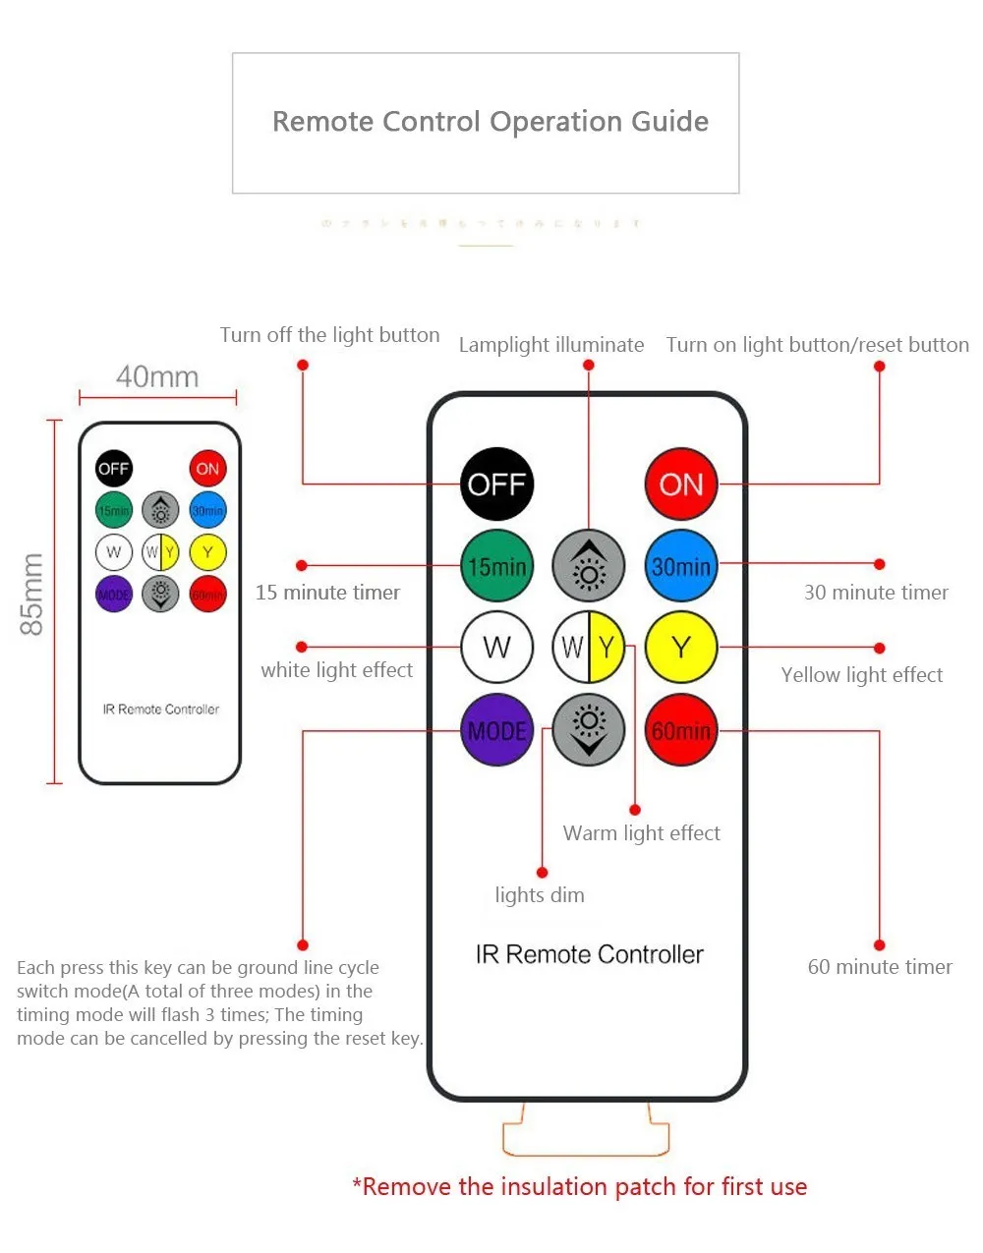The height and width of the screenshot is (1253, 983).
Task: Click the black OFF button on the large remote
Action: coord(497,484)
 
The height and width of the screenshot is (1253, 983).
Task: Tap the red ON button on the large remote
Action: coord(681,484)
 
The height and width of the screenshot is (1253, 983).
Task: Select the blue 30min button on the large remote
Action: coord(681,566)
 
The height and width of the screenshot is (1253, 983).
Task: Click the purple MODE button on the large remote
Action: coord(497,730)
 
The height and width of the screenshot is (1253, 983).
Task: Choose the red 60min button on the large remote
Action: coord(681,730)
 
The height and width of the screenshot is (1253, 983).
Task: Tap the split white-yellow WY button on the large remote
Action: coord(589,647)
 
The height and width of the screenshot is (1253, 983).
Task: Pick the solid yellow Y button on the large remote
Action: coord(681,647)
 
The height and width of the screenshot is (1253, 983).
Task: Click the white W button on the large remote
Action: coord(497,647)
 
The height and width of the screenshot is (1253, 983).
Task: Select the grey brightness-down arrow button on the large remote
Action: coord(589,729)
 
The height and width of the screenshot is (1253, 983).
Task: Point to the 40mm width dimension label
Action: coord(157,376)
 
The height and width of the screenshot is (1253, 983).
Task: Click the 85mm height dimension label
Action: coord(32,594)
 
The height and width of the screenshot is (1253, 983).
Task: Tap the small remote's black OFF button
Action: coord(114,469)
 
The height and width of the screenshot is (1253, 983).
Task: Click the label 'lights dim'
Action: coord(540,895)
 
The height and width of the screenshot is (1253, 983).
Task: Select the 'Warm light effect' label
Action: coord(641,833)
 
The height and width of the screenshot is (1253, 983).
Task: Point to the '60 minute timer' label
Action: coord(880,967)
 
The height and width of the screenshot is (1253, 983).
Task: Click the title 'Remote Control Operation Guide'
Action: coord(490,122)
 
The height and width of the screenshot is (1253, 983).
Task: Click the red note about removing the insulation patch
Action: coord(580,1187)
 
